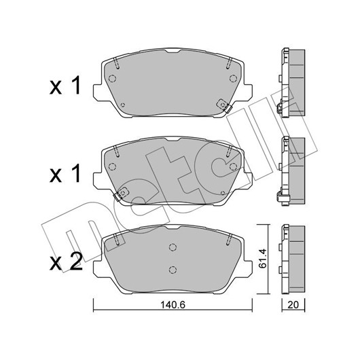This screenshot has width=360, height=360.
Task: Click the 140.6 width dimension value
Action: click(173, 305)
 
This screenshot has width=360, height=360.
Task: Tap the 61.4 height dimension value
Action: click(262, 258)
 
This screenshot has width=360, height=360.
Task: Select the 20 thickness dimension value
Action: click(293, 305)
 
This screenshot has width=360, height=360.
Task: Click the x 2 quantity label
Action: click(66, 262)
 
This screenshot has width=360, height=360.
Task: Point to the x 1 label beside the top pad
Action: click(65, 86)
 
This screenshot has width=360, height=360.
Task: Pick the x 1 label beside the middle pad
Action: click(65, 174)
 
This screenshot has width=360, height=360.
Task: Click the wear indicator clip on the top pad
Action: click(223, 105)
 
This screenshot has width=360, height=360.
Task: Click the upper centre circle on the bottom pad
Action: click(173, 247)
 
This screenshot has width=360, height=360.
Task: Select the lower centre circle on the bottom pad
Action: click(173, 269)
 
